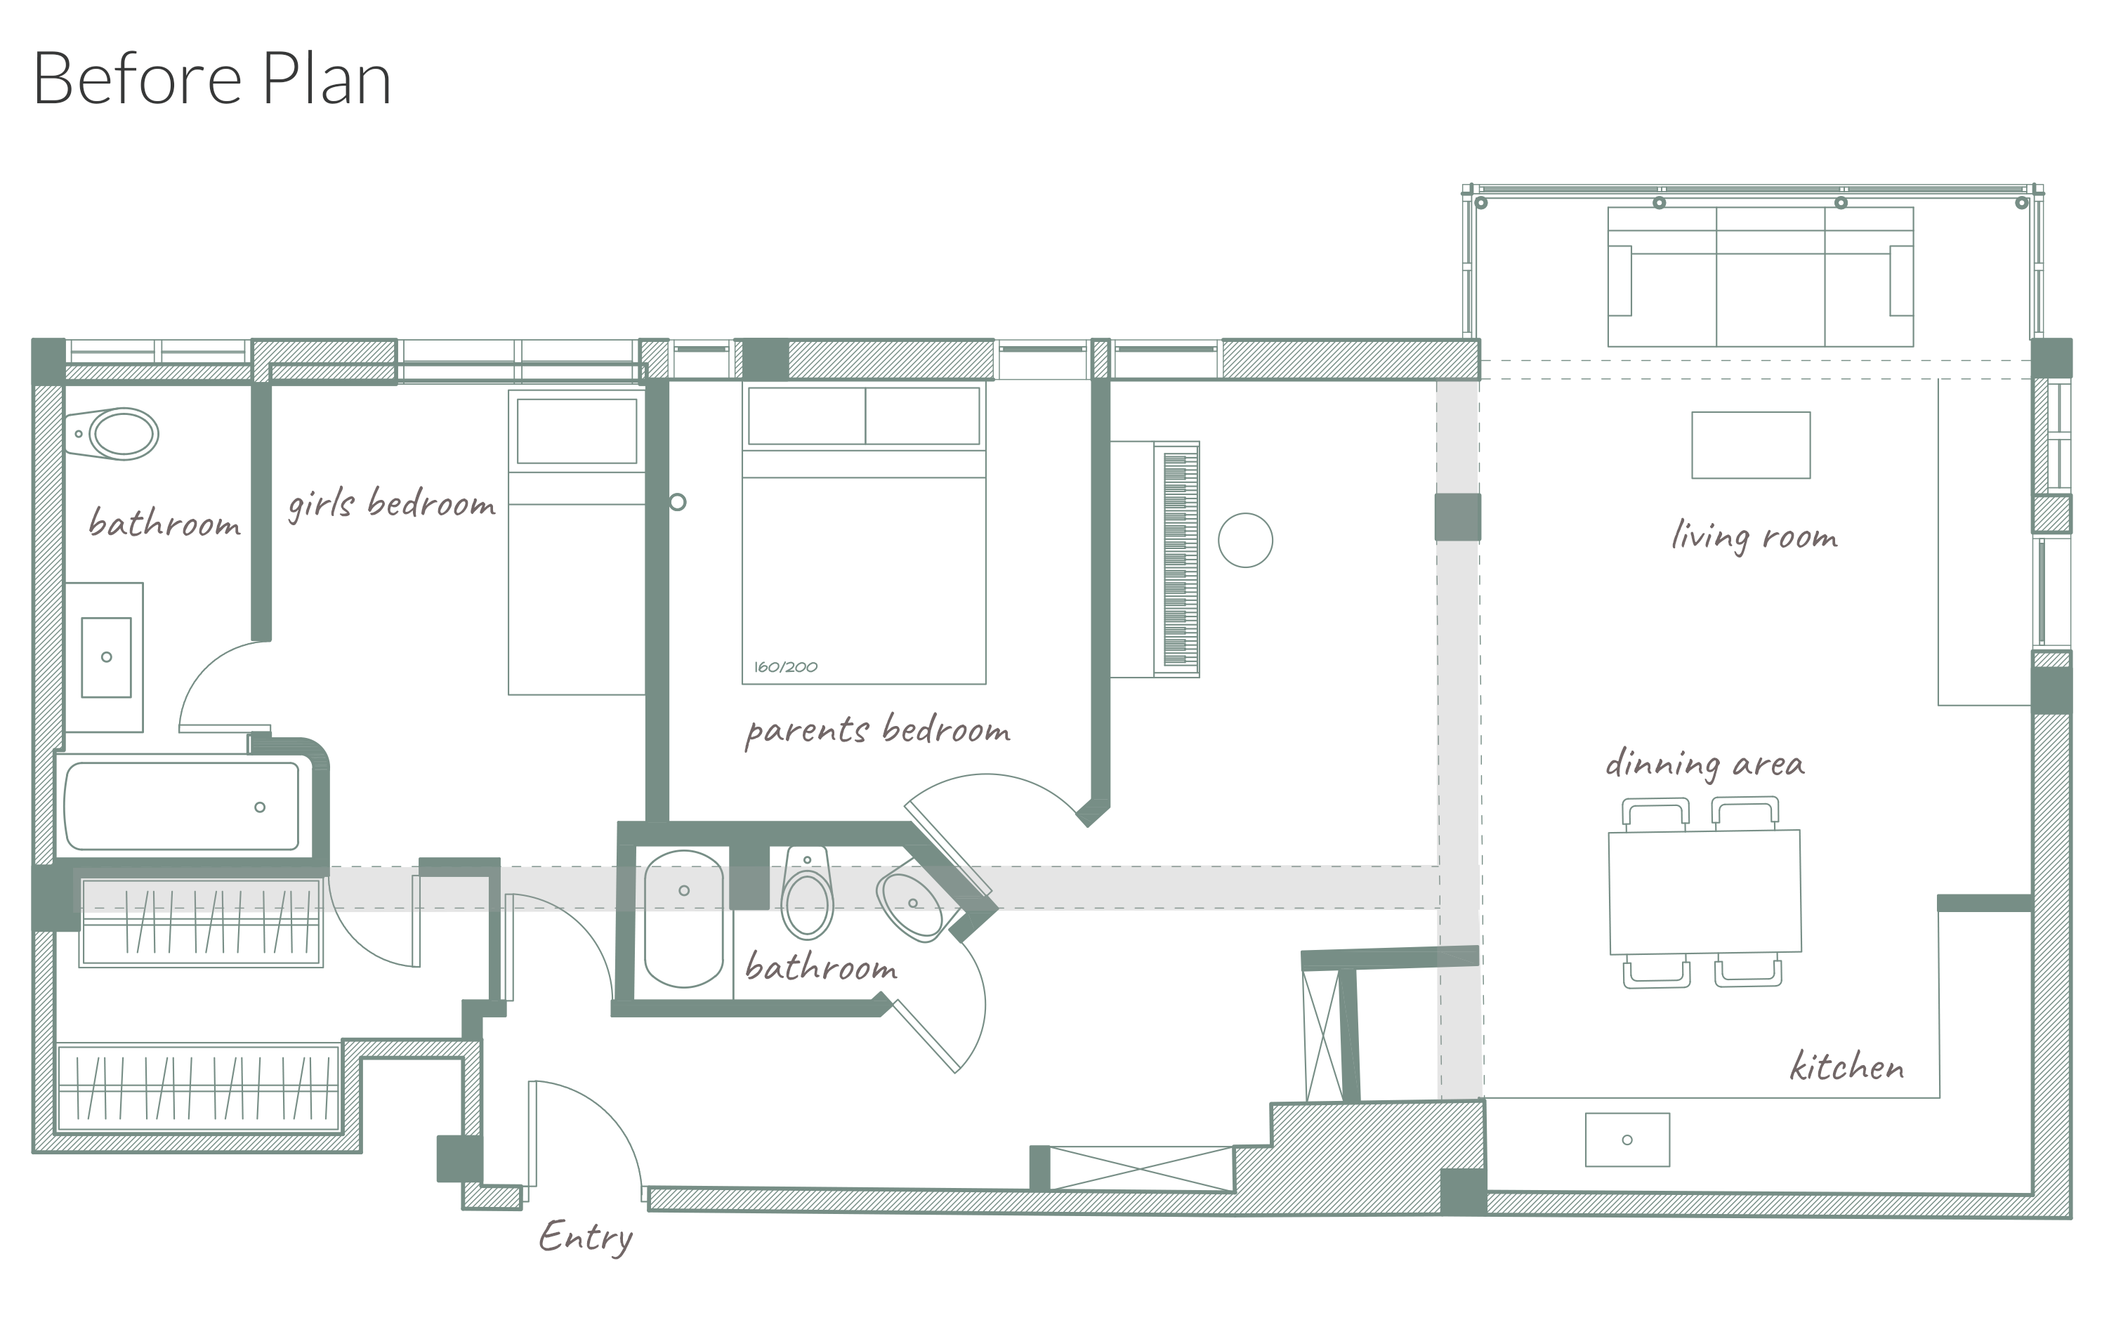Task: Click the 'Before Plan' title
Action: tap(212, 79)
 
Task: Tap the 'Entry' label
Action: tap(586, 1237)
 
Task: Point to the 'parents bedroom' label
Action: tap(878, 730)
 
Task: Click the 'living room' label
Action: tap(1754, 536)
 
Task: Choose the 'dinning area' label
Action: tap(1704, 764)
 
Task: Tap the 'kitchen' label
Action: tap(1847, 1066)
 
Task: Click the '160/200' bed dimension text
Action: tap(786, 667)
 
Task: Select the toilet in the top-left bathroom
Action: tap(112, 434)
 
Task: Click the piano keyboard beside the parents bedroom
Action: tap(1176, 560)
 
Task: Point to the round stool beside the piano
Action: tap(1245, 541)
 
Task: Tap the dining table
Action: tap(1704, 891)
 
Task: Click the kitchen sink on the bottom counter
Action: tap(1628, 1140)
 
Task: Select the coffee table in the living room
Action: tap(1751, 445)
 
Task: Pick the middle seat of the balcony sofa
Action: tap(1770, 277)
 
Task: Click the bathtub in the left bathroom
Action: tap(182, 806)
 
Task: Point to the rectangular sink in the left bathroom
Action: tap(107, 657)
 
